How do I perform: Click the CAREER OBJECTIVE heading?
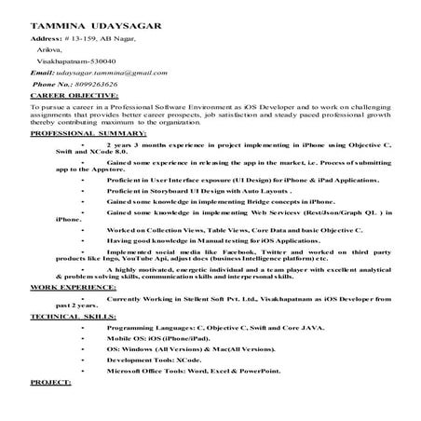[x=67, y=96]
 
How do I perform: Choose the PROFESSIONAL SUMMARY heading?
[x=78, y=134]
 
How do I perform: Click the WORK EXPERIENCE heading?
[x=66, y=290]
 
